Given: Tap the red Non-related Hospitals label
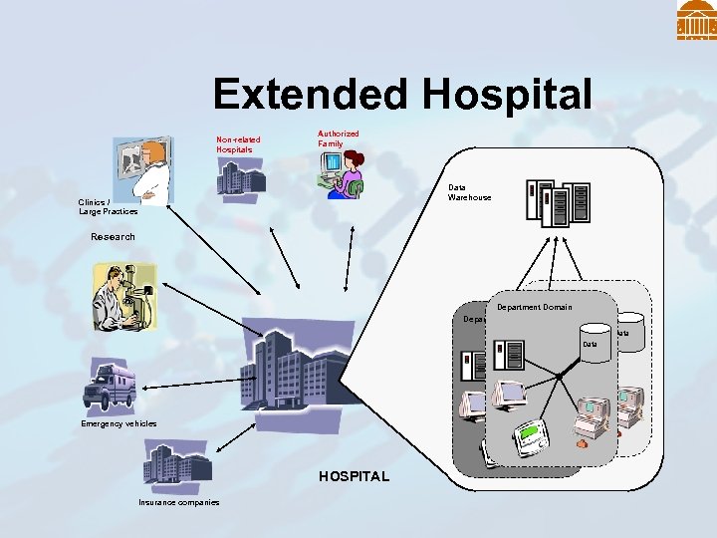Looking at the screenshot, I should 239,144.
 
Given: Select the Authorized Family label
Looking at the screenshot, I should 339,138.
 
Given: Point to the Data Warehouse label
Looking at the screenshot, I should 469,192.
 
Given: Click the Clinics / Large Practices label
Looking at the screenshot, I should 108,207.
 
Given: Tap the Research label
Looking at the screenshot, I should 113,237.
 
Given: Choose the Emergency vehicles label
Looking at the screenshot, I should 119,424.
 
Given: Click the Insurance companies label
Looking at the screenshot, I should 179,502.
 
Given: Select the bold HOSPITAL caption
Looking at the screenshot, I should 354,477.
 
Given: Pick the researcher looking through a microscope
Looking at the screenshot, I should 123,297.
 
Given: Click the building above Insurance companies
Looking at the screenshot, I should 176,467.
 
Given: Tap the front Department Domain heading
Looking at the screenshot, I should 534,307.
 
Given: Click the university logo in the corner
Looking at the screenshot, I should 696,20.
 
